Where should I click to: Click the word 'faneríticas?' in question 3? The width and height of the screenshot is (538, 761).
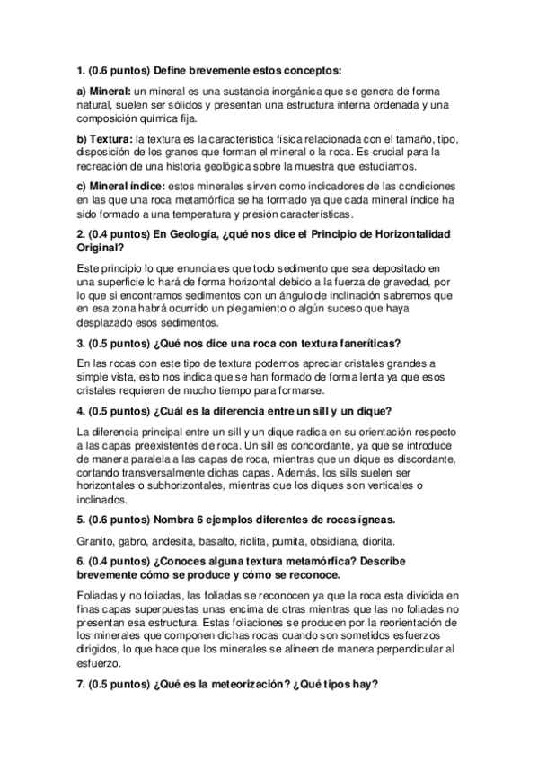coord(361,342)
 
